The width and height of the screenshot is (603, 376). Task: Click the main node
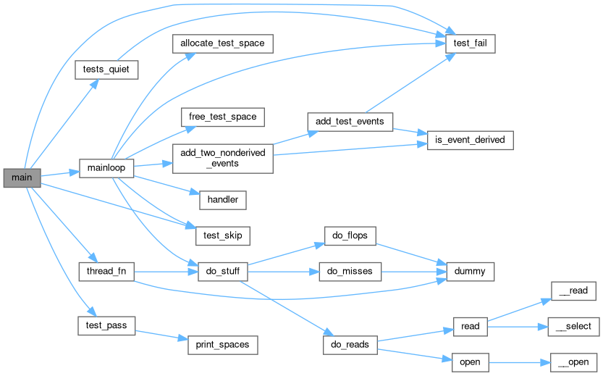point(22,177)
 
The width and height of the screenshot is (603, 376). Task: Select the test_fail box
point(470,43)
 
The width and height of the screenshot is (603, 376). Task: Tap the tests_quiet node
point(106,70)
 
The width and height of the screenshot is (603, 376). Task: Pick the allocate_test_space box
point(218,43)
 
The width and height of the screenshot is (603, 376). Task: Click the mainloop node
point(106,167)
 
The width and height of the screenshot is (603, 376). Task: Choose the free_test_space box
point(218,116)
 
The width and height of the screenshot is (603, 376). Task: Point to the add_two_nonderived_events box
point(222,157)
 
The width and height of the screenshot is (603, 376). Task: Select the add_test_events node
point(350,121)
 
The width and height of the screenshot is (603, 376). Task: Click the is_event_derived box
point(470,140)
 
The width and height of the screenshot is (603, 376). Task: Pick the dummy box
point(470,272)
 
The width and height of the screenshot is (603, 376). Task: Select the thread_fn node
point(106,272)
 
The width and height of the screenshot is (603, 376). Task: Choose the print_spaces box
point(223,345)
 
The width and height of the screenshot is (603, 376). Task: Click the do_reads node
point(350,345)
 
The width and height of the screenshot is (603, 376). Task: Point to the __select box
point(573,327)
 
